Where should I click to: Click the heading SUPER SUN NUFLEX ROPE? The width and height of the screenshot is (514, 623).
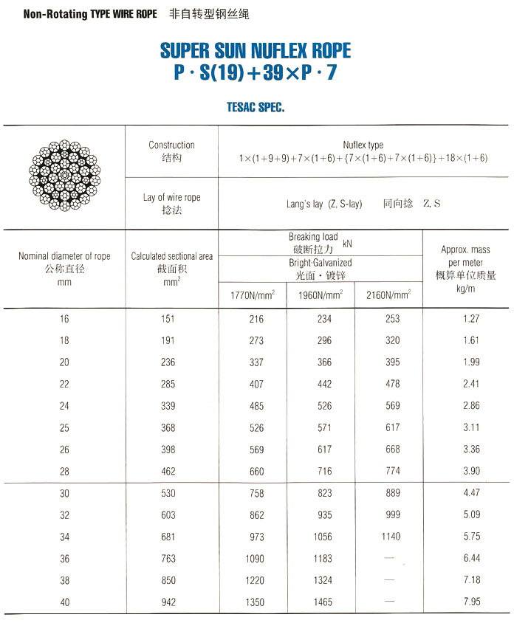(x=256, y=51)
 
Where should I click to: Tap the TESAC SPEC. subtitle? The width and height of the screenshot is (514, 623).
(x=256, y=107)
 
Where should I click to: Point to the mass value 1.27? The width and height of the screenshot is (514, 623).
(x=471, y=319)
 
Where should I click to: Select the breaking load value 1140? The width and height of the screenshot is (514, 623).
(x=392, y=537)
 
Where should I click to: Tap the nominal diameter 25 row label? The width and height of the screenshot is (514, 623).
(x=65, y=427)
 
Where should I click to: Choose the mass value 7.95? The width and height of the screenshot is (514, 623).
(x=471, y=602)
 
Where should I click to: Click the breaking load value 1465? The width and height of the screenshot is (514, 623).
(x=323, y=602)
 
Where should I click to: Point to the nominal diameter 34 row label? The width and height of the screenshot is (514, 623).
(x=65, y=537)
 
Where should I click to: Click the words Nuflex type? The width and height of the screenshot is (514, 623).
(x=363, y=145)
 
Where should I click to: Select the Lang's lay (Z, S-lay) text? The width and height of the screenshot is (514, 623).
(x=324, y=204)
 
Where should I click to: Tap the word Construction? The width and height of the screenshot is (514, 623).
(x=171, y=145)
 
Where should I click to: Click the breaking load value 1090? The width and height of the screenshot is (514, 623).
(x=254, y=559)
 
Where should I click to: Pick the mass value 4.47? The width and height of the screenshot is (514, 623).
(x=471, y=494)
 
